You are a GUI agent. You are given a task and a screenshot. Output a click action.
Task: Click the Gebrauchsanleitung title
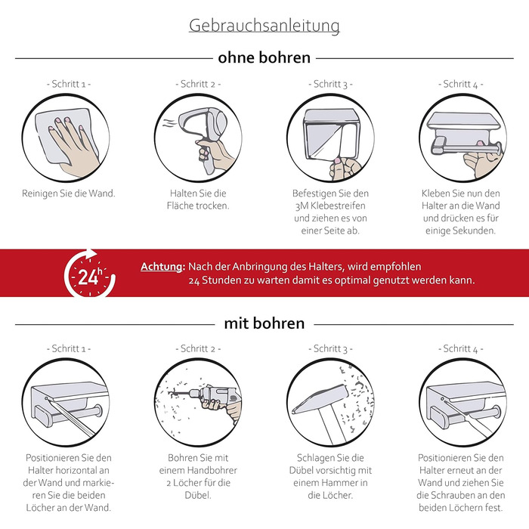click(x=264, y=26)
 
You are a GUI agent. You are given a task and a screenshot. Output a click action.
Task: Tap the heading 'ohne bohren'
click(x=264, y=57)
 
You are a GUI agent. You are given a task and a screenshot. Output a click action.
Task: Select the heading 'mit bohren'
click(x=264, y=323)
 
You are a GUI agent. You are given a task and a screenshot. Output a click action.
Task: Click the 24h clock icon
click(x=90, y=274)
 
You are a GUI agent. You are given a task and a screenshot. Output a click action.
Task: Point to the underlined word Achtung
click(x=162, y=267)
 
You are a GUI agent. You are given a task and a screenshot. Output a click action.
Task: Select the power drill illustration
click(x=209, y=401)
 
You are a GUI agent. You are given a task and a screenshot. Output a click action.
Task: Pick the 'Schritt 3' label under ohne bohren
click(x=330, y=84)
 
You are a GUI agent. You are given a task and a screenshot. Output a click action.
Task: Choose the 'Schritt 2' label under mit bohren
click(x=198, y=348)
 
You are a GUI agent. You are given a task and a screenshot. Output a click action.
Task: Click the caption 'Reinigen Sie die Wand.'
click(x=69, y=193)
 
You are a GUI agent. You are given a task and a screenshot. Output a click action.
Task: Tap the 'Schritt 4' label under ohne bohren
click(x=460, y=84)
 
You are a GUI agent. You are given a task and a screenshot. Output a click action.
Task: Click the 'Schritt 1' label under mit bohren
click(x=69, y=348)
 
